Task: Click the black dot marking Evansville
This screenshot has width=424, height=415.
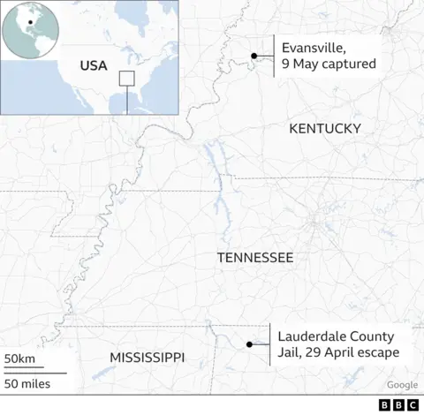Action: (254, 56)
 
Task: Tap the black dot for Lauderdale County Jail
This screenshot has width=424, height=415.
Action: (250, 344)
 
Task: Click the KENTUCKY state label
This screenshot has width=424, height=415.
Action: (325, 129)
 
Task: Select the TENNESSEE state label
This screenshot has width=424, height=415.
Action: (255, 257)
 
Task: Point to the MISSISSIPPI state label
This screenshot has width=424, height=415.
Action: (147, 357)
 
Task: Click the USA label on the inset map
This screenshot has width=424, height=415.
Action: (93, 65)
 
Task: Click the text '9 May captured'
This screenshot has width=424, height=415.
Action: (329, 64)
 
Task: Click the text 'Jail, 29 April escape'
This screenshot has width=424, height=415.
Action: (338, 352)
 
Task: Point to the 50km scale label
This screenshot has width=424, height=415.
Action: (19, 358)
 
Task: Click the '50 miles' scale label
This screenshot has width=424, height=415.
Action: (26, 383)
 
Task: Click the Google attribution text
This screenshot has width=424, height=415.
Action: (402, 385)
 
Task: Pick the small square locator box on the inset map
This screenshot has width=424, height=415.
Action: (126, 79)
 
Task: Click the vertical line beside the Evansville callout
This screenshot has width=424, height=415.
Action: (274, 56)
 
